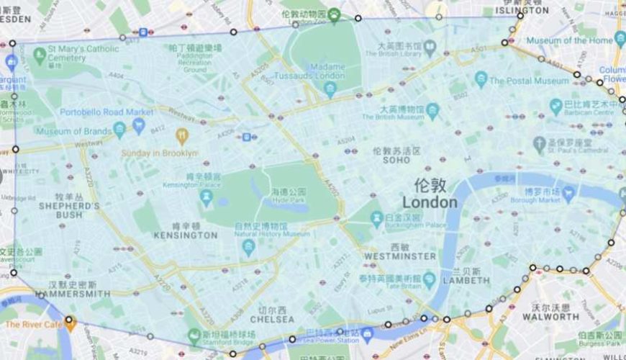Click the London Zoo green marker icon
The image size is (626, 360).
[335, 14]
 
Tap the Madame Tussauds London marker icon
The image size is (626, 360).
[330, 89]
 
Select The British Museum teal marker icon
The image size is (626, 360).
[432, 111]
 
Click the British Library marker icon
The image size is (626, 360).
[430, 48]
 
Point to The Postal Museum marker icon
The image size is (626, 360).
[481, 79]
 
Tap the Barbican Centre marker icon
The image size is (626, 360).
[556, 107]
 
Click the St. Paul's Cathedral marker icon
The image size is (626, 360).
[540, 144]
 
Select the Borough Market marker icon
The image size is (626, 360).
[568, 193]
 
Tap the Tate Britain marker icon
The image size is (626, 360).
[430, 279]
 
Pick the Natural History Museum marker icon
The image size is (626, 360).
[249, 247]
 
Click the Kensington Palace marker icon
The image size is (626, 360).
[207, 197]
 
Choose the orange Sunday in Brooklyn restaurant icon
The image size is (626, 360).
[181, 136]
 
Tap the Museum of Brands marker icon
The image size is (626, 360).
[119, 130]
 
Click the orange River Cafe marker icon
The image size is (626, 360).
[70, 322]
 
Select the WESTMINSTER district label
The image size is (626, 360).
[400, 256]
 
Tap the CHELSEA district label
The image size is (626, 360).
[272, 319]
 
